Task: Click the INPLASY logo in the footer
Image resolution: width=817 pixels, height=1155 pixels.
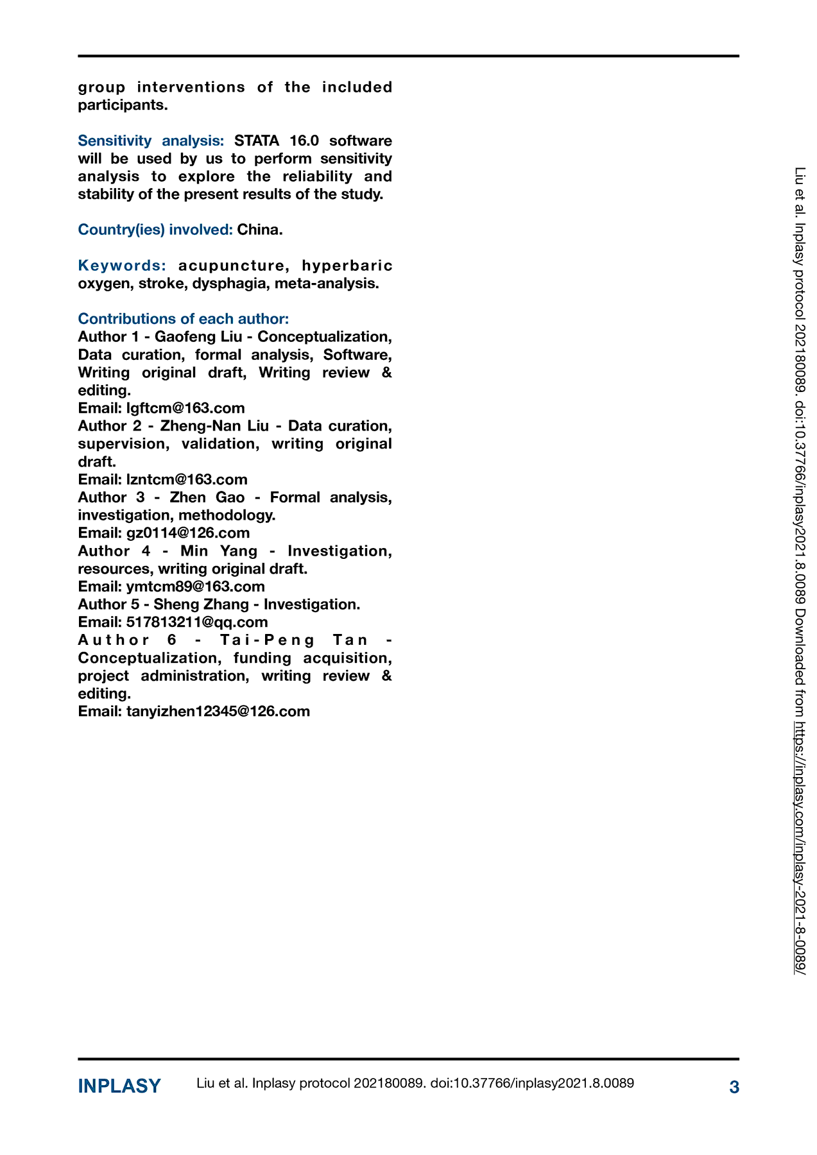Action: coord(119,1086)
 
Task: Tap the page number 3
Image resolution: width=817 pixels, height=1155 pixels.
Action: coord(734,1087)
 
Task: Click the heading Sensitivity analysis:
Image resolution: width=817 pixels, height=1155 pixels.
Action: coord(151,141)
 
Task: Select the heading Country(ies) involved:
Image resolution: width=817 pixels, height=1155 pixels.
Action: coord(155,230)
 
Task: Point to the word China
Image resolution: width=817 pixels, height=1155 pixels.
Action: coord(259,230)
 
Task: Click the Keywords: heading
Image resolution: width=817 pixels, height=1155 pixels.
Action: coord(122,266)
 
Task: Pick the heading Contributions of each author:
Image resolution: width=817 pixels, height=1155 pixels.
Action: coord(184,319)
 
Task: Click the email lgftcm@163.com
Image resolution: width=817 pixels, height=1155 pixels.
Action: coord(185,408)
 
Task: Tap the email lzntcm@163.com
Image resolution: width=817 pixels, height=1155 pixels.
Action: coord(187,479)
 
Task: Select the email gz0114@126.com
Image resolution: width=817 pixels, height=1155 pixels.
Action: coord(188,533)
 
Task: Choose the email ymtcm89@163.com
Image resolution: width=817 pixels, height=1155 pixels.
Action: coord(195,586)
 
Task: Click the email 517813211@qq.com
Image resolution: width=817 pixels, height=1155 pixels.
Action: coord(197,622)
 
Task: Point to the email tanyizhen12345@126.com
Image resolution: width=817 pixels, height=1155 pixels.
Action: coord(218,711)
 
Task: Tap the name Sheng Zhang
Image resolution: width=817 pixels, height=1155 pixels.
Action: coord(201,604)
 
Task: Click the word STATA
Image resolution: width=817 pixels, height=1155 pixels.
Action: coord(257,141)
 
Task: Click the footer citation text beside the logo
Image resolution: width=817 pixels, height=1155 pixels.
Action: coord(415,1083)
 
